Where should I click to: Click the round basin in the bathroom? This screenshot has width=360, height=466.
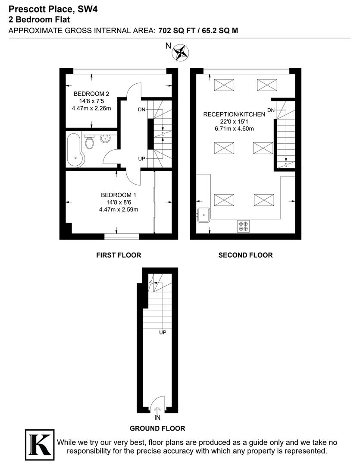[105, 139]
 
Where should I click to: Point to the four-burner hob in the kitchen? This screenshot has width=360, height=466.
[243, 226]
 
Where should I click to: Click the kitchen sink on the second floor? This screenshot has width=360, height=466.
[203, 214]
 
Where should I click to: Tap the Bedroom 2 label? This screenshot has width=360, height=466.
[91, 94]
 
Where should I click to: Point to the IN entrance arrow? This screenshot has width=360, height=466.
[157, 411]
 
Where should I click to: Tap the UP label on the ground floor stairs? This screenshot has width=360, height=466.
[163, 332]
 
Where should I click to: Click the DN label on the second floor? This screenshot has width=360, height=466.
[271, 110]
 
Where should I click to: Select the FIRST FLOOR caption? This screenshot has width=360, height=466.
[119, 255]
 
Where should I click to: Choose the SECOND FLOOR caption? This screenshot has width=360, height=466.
[245, 255]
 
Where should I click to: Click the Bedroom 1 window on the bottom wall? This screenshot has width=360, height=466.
[122, 236]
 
